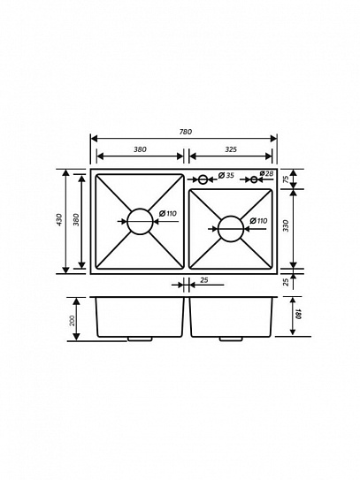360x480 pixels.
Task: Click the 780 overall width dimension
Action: pos(186,132)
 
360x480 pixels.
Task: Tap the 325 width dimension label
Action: pos(231,149)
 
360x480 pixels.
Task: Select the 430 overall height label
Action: pos(59,220)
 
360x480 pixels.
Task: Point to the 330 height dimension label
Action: pos(286,225)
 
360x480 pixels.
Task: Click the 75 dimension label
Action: pos(286,179)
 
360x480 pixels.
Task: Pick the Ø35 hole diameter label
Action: pos(226,175)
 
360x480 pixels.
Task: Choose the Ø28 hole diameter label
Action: pos(266,173)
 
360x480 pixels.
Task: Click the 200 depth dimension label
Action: pos(73,321)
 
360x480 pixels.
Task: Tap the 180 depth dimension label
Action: pos(298,314)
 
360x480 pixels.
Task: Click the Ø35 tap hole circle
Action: pos(203,179)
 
